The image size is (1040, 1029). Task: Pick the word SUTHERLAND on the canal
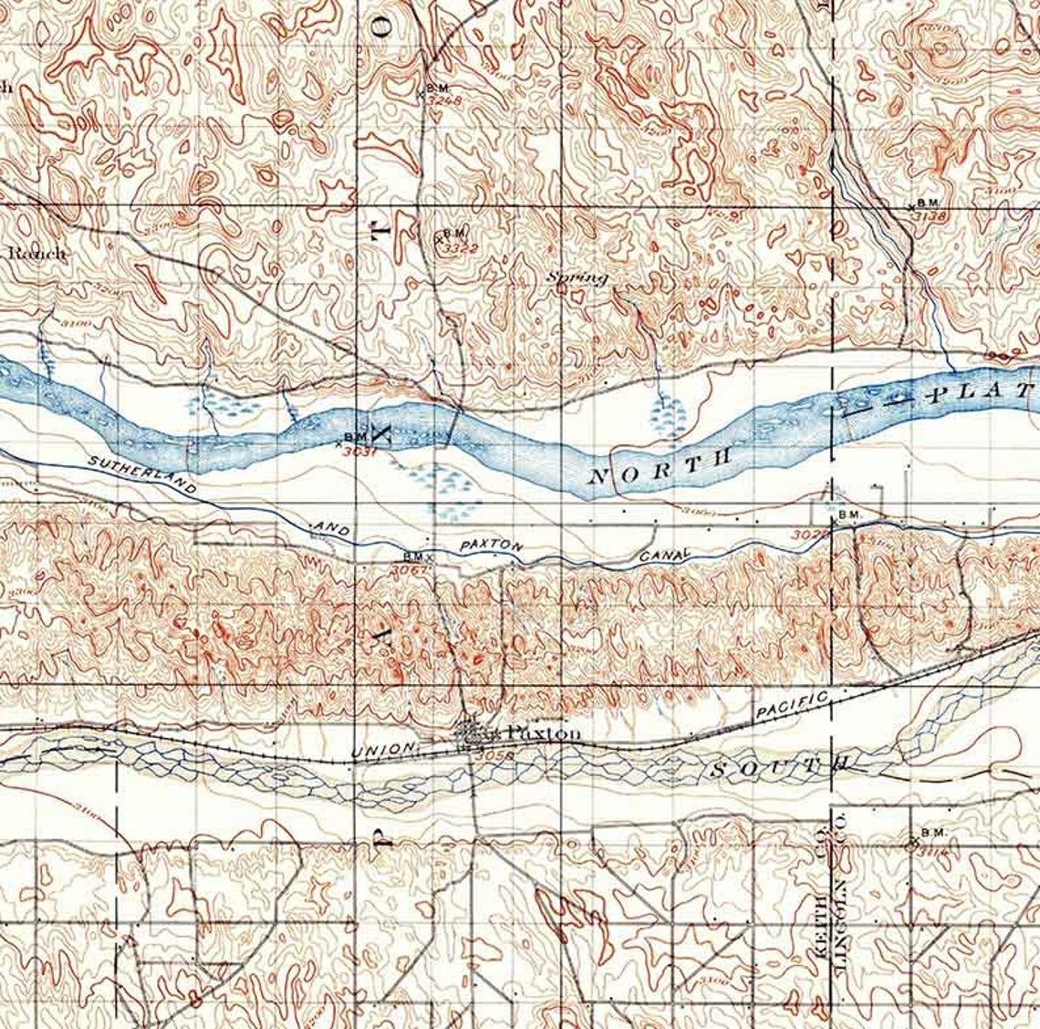point(142,475)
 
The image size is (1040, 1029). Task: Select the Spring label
point(577,278)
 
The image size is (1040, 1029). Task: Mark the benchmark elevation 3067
point(408,569)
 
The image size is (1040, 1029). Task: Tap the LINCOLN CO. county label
point(840,890)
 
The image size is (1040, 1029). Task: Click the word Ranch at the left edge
point(36,253)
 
